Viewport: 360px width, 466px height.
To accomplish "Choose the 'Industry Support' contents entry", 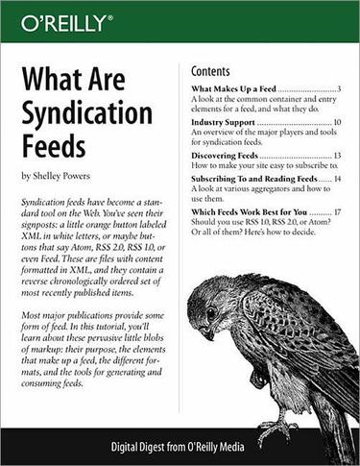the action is (223, 124).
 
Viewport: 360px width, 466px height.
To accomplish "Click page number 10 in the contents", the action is (338, 124).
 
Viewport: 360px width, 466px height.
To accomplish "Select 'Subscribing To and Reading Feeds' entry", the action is (253, 179).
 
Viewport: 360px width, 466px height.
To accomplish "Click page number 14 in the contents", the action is (338, 179).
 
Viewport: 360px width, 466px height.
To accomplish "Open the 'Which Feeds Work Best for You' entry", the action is (248, 212).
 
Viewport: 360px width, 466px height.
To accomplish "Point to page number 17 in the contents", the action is (338, 212).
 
